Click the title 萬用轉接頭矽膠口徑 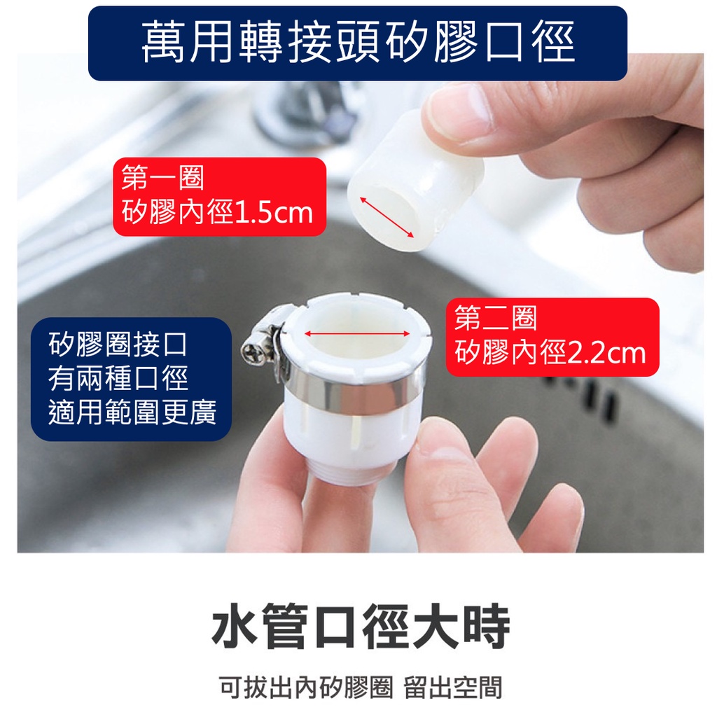(x=358, y=43)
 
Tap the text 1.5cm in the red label (x=274, y=213)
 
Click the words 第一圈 (x=162, y=177)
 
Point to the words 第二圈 (x=496, y=318)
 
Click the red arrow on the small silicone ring (x=387, y=218)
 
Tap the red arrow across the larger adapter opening (x=357, y=333)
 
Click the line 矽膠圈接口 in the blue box (x=118, y=345)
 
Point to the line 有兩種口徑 (x=118, y=379)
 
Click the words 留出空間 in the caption (x=453, y=688)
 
